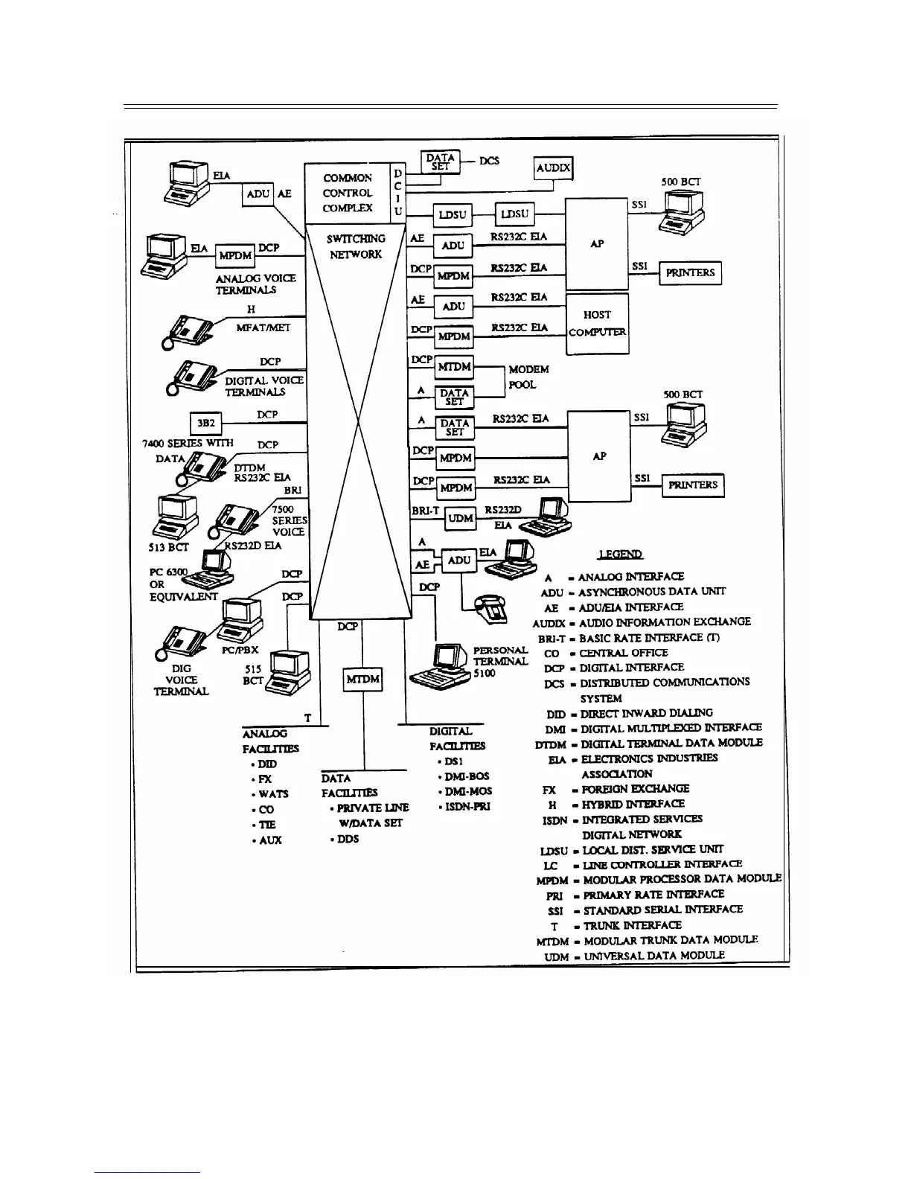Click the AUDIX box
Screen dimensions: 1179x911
point(553,168)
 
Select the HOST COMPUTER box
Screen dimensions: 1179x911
point(597,324)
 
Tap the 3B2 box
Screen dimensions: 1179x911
point(205,424)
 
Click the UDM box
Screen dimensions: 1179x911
point(461,519)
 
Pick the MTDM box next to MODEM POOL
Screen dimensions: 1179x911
point(453,367)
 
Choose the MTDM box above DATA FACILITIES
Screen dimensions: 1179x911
point(363,680)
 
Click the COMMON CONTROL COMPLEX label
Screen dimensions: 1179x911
point(348,193)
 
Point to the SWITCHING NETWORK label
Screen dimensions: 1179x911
point(357,246)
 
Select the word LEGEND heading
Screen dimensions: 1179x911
point(621,555)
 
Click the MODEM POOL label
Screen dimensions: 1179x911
point(528,377)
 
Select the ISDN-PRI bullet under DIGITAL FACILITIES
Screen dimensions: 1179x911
point(465,807)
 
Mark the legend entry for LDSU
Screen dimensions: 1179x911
point(630,849)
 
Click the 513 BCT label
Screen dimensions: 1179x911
point(170,547)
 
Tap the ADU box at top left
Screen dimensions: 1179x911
point(258,194)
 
